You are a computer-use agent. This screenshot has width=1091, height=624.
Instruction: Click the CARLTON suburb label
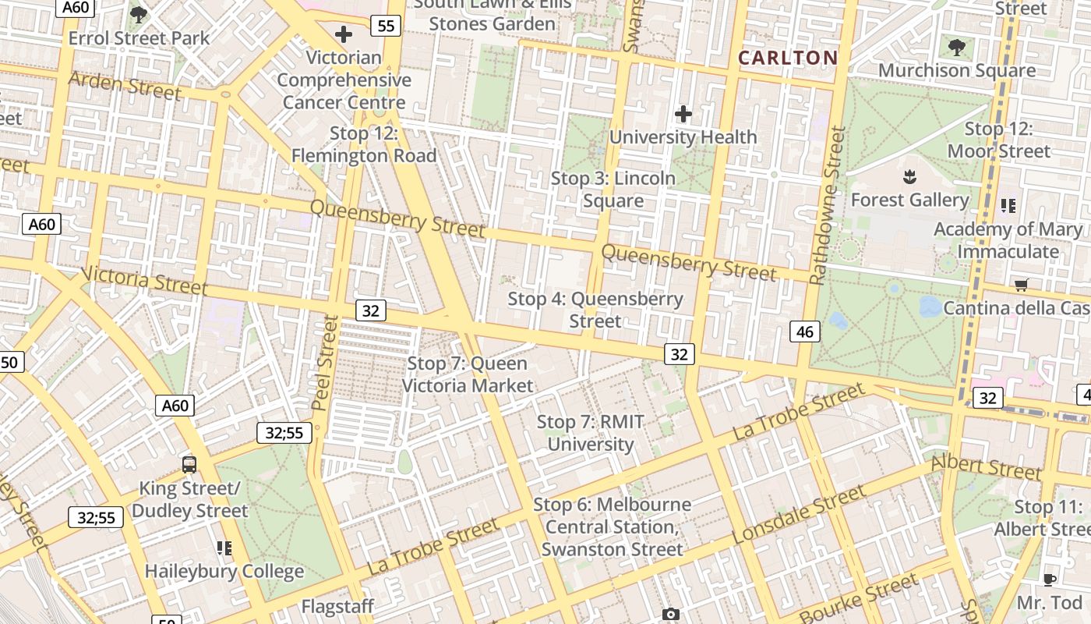(x=788, y=58)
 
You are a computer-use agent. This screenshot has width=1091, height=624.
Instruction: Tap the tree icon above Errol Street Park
(x=139, y=14)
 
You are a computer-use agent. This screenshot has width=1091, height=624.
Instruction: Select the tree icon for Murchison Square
(x=957, y=47)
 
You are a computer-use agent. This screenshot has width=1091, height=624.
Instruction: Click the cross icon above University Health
(x=683, y=114)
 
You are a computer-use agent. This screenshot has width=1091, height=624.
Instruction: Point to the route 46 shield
(x=805, y=331)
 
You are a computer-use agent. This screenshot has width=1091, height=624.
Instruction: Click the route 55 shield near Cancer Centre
(x=385, y=26)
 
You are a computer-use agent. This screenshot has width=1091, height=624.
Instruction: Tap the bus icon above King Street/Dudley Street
(x=189, y=465)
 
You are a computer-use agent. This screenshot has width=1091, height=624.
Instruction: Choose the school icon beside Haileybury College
(x=224, y=548)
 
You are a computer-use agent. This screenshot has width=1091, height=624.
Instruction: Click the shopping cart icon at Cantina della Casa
(x=1021, y=285)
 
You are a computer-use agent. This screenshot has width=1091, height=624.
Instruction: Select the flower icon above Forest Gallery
(x=909, y=177)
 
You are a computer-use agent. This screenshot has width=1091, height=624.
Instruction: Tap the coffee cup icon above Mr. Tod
(x=1050, y=580)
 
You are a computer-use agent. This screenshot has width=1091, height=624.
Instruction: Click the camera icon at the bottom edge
(x=670, y=615)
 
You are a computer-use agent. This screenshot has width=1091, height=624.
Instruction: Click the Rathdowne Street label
(x=827, y=206)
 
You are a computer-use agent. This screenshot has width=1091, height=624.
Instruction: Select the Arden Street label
(x=125, y=86)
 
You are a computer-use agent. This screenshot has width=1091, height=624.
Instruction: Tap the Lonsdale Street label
(x=799, y=515)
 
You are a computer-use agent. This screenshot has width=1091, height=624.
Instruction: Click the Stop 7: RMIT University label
(x=591, y=433)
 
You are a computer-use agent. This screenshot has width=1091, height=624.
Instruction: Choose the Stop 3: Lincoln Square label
(x=613, y=190)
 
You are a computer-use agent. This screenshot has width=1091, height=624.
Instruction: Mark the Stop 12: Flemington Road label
(x=364, y=144)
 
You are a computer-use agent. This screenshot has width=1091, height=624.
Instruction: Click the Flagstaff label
(x=337, y=606)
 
